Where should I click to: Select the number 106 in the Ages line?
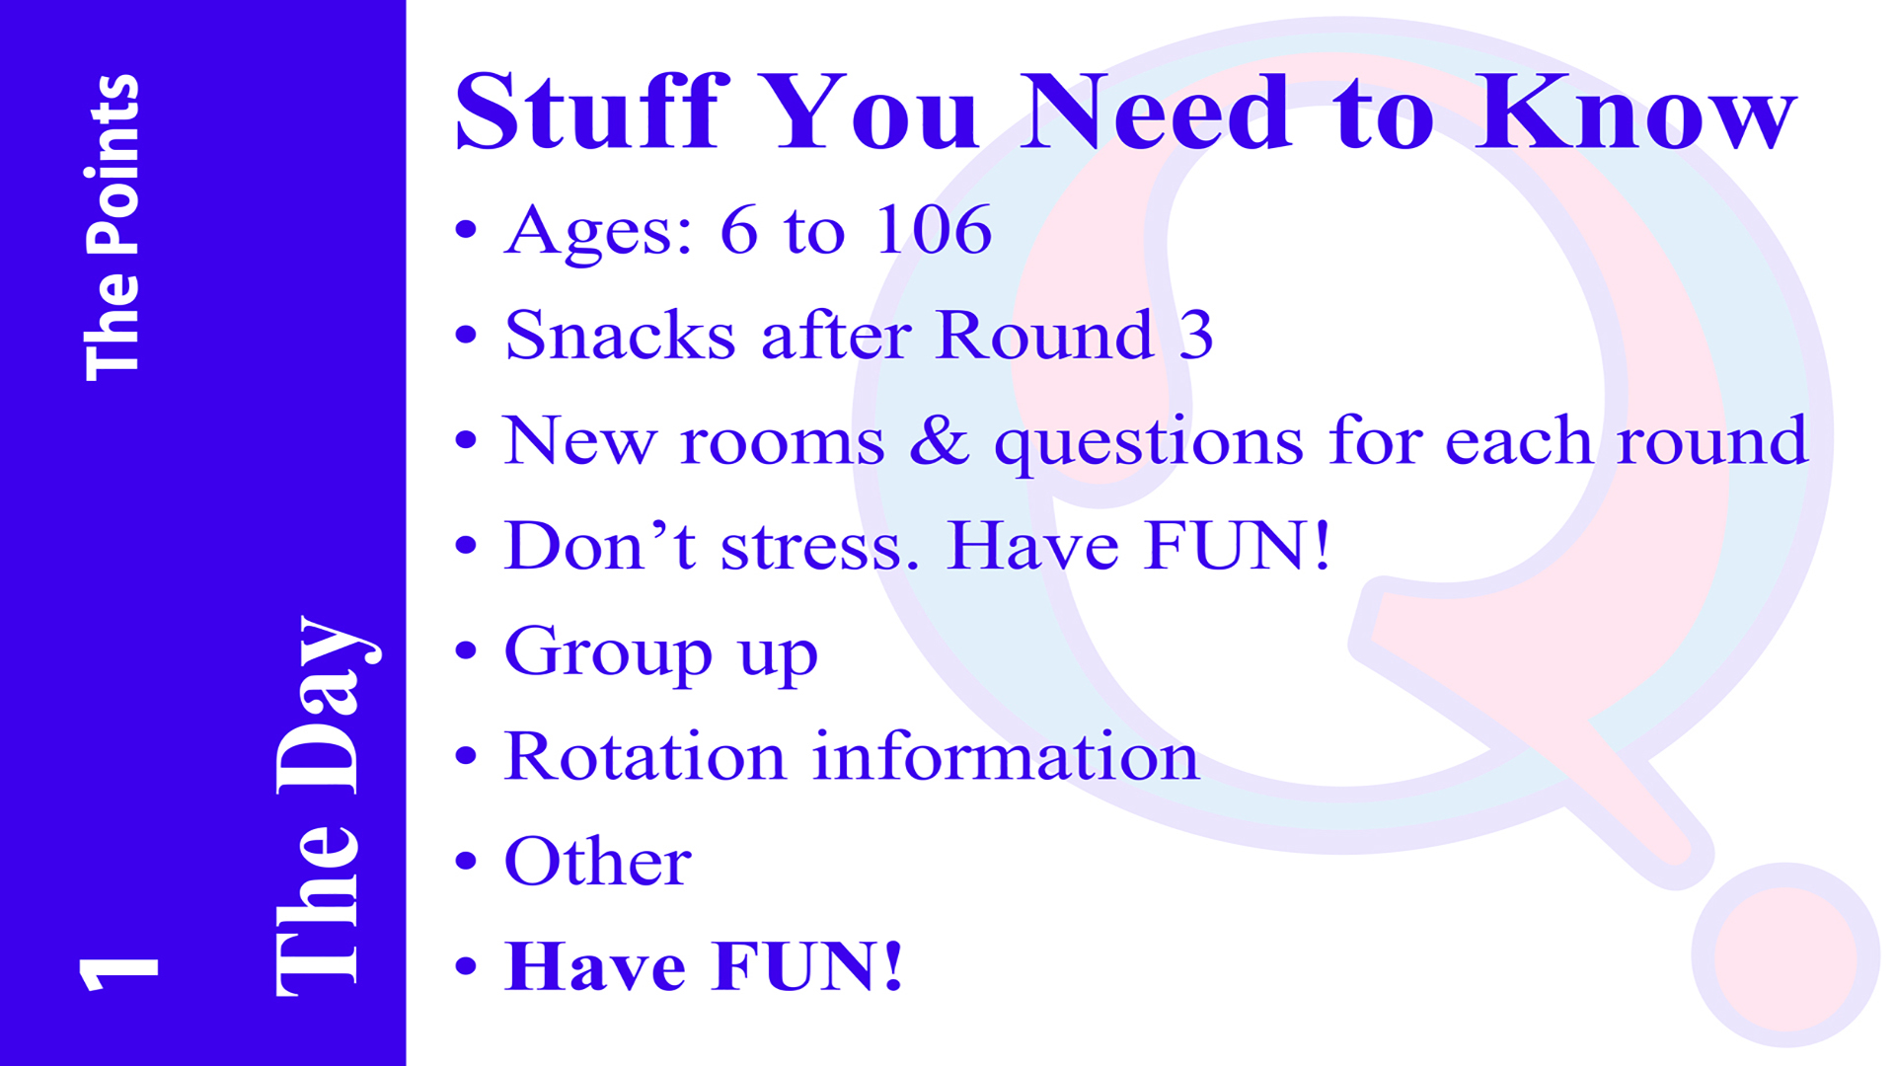click(x=933, y=230)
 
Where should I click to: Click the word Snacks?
click(x=620, y=335)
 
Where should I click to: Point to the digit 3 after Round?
click(x=1195, y=335)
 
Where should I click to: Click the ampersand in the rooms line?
click(x=939, y=440)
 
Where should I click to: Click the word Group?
click(x=608, y=653)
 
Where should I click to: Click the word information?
click(x=1006, y=756)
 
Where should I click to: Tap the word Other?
click(x=598, y=861)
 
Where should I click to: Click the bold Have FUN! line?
click(x=704, y=965)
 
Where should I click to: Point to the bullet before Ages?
click(x=466, y=230)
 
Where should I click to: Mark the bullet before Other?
click(x=466, y=861)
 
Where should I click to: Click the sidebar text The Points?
click(x=112, y=228)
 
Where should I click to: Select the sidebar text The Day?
click(x=326, y=805)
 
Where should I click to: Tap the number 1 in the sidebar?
click(x=118, y=973)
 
